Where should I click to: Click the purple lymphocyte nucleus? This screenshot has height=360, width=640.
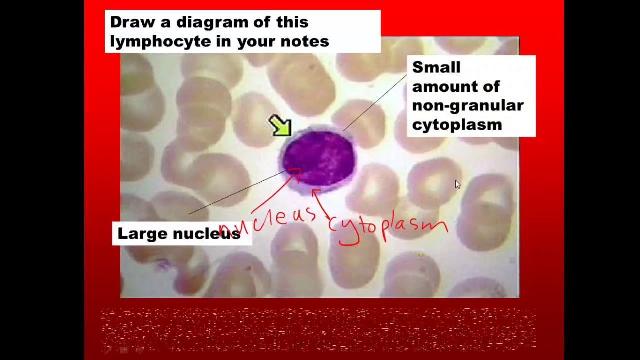click(x=320, y=157)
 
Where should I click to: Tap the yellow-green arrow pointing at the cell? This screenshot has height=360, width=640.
click(x=280, y=125)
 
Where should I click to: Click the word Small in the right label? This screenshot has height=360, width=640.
click(x=436, y=67)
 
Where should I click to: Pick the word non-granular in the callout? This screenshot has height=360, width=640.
click(x=467, y=105)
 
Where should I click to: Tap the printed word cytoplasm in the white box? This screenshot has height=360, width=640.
click(x=457, y=124)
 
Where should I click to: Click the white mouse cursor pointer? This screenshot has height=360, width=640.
click(x=457, y=184)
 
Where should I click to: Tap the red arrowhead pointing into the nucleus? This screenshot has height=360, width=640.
click(x=296, y=172)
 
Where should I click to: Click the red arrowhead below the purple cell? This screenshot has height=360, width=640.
click(x=315, y=192)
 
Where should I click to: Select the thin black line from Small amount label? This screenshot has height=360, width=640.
click(x=375, y=102)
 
